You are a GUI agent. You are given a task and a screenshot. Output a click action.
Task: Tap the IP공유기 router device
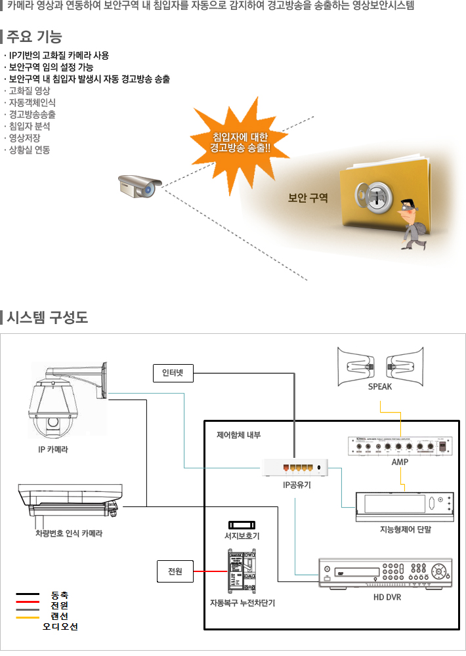tap(295, 468)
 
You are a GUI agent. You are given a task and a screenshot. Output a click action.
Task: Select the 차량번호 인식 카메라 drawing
tap(69, 502)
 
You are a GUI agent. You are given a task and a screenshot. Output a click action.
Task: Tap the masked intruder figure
tap(412, 224)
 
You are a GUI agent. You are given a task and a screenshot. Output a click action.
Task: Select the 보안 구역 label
tap(308, 197)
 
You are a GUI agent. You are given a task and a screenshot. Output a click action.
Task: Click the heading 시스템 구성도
tap(47, 318)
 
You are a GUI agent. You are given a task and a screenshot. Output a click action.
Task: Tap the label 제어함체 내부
tap(239, 435)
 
